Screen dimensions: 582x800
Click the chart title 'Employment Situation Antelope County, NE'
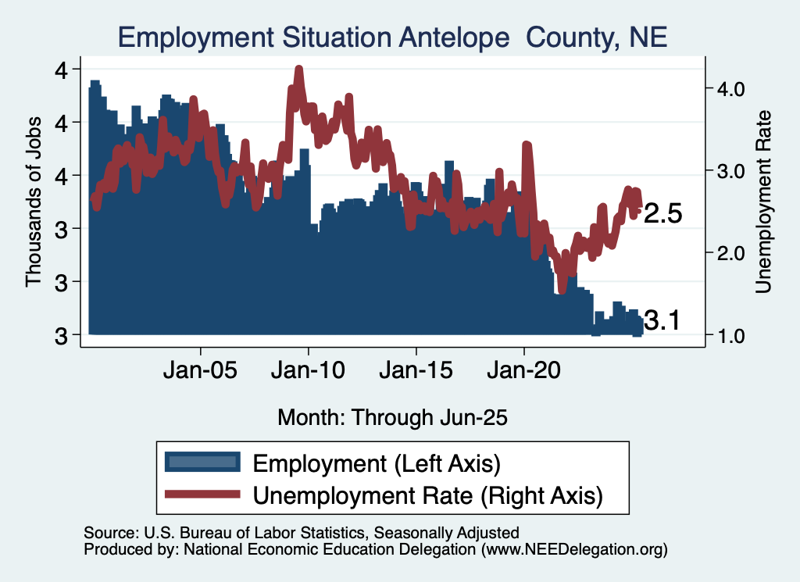click(x=392, y=37)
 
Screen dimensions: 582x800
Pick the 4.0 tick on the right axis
click(x=728, y=88)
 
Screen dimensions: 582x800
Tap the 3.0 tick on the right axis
click(x=728, y=170)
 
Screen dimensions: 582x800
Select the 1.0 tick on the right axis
click(x=728, y=335)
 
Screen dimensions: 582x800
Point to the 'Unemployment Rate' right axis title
click(x=763, y=202)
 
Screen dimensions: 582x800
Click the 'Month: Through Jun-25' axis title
click(x=393, y=417)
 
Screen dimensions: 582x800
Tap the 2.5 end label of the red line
click(x=663, y=214)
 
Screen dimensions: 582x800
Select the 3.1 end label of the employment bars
click(x=663, y=320)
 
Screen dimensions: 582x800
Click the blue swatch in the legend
click(x=202, y=462)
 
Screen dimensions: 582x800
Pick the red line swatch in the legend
click(x=202, y=495)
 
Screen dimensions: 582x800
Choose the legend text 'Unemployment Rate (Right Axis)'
click(x=428, y=495)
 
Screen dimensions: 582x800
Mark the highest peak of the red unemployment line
click(x=298, y=70)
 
